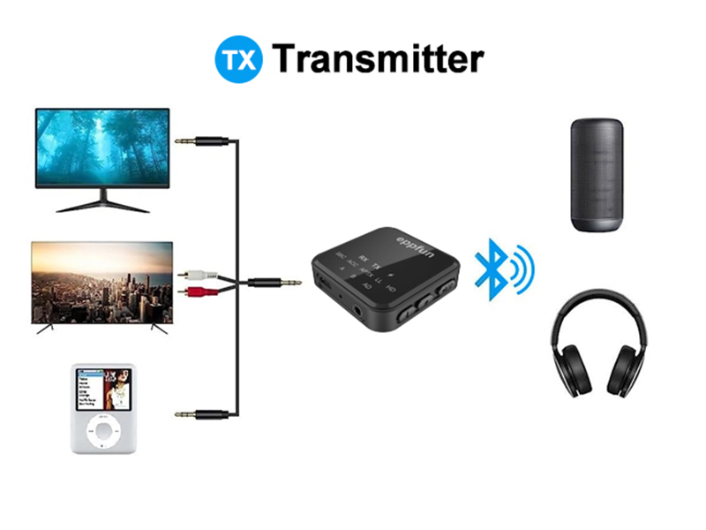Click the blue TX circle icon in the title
click(x=238, y=58)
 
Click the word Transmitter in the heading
click(x=379, y=58)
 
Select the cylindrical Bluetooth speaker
click(x=597, y=176)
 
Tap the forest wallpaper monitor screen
click(x=102, y=147)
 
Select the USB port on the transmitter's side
click(x=323, y=287)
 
